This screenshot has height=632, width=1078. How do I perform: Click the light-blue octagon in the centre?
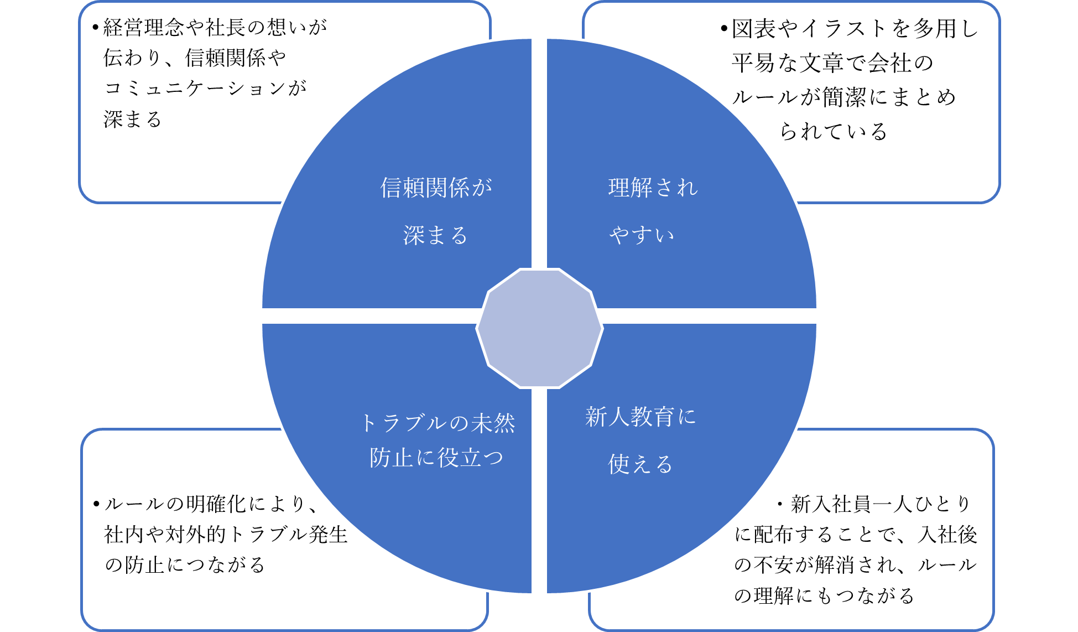point(539,328)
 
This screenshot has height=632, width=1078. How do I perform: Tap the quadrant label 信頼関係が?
point(436,188)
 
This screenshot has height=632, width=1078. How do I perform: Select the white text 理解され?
point(653,188)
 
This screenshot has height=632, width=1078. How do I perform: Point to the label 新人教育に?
point(640,417)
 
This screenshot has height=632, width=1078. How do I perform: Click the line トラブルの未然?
point(438,424)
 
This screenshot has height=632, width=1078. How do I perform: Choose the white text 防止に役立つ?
point(436,458)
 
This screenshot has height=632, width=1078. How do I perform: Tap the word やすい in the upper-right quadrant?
point(642,236)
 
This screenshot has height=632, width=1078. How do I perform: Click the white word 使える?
point(640,464)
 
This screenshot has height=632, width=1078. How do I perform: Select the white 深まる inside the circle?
point(435,236)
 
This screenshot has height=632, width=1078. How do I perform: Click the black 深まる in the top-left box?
point(133,120)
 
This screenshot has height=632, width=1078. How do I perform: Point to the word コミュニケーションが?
point(205,89)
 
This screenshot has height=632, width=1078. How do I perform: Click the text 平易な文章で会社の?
point(832,63)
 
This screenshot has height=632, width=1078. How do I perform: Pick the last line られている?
point(834,132)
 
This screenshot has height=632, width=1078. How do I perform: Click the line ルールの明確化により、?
point(211,504)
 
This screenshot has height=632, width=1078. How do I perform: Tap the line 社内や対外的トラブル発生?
point(226,535)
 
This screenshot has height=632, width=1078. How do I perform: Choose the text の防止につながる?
point(185,565)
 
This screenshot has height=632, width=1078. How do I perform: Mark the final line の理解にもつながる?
point(824,596)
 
